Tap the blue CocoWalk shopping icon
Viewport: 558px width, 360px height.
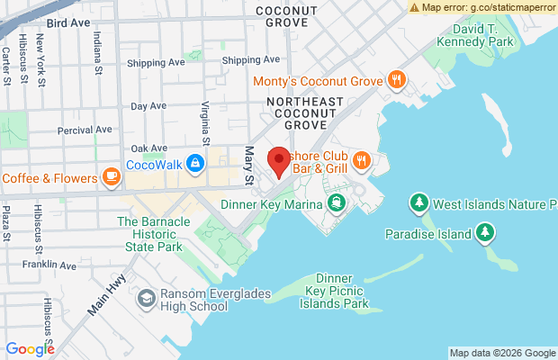point(194,164)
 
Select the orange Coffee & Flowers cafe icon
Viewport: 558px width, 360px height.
point(112,176)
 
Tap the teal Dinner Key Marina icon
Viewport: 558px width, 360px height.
point(337,202)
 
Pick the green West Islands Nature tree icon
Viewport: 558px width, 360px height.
point(418,203)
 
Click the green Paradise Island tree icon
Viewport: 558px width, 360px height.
point(486,234)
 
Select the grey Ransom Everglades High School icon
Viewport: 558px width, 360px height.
point(146,298)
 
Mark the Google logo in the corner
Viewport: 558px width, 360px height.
point(30,348)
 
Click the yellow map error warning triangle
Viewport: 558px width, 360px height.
point(414,6)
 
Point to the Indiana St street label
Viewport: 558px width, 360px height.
point(96,52)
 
